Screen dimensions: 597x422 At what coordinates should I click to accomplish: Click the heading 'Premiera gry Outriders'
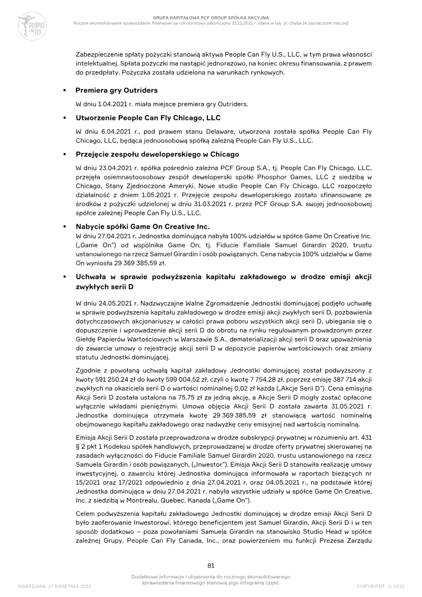coord(117,90)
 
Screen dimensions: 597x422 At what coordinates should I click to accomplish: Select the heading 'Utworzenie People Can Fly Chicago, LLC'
coord(148,117)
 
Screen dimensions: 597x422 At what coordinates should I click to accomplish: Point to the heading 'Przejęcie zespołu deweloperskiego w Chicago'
coord(157,154)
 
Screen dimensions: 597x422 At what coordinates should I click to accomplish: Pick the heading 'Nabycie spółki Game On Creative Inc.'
coord(143,226)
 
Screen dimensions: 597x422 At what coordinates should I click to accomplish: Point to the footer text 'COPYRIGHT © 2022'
coord(380,586)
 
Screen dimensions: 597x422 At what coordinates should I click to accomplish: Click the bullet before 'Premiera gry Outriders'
coord(64,91)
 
